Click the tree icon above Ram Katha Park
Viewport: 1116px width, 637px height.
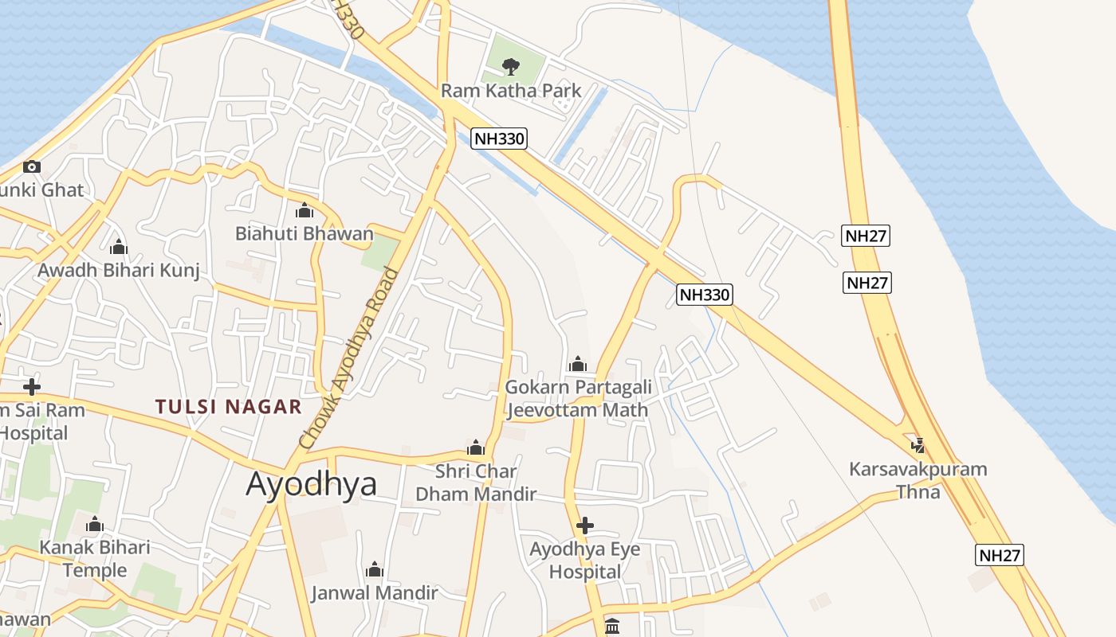point(511,66)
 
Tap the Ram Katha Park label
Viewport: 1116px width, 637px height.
point(511,91)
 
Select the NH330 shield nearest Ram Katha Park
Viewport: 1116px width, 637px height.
point(499,139)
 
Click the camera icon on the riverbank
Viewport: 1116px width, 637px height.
point(32,166)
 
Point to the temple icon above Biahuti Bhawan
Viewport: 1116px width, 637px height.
point(304,211)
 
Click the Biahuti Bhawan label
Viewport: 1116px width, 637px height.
point(304,234)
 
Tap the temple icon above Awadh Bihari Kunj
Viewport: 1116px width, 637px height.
point(119,248)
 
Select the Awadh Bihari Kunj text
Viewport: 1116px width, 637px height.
point(119,271)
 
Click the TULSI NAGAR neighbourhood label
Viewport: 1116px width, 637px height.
point(229,407)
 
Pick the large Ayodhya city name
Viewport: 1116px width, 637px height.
point(311,484)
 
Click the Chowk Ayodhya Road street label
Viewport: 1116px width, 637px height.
point(348,358)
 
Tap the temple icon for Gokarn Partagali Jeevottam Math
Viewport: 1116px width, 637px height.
point(578,365)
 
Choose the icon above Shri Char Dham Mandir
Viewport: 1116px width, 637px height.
point(476,447)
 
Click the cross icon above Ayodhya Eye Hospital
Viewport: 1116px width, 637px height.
point(584,526)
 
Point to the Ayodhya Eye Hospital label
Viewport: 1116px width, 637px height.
point(584,561)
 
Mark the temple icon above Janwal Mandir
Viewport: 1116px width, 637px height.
point(374,570)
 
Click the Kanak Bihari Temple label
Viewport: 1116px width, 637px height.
point(95,559)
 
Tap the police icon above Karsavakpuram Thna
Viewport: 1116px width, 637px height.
point(918,445)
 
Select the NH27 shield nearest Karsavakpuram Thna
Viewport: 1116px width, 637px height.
point(999,555)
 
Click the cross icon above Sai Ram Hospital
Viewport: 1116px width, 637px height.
point(32,387)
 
